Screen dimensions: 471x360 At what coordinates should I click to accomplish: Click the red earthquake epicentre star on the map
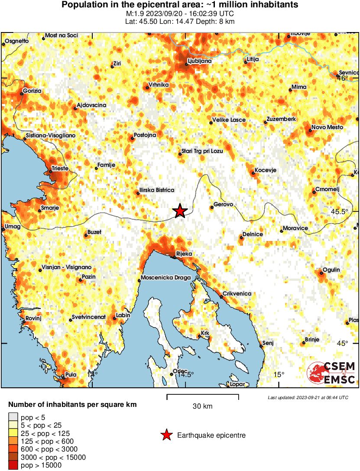pos(180,211)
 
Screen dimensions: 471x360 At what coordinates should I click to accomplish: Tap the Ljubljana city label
pos(199,61)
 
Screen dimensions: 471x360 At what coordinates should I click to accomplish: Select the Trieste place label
pos(60,167)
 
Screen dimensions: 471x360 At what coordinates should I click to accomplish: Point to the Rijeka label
pos(184,254)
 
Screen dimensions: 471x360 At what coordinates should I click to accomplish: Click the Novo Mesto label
pos(327,127)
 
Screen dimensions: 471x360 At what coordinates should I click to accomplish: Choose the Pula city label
pos(70,375)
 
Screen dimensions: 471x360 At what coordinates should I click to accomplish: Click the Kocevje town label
pos(265,170)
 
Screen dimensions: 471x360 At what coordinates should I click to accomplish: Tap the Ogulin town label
pos(331,270)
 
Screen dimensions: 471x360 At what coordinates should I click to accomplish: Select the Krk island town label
pos(205,333)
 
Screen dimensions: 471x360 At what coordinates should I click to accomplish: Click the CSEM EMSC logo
pos(331,373)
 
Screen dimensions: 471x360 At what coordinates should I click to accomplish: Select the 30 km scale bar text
pos(202,406)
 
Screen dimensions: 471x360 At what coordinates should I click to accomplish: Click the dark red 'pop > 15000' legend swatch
pos(13,465)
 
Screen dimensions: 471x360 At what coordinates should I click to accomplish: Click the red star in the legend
pos(166,435)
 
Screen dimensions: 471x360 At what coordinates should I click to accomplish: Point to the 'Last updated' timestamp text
pos(308,397)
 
